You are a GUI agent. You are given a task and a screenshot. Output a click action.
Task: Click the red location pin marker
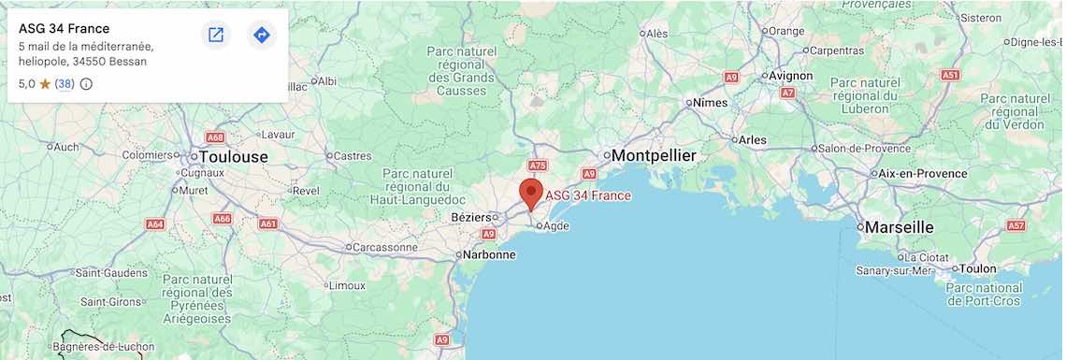point(531,194)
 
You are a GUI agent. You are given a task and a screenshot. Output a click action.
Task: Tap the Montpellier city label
point(654,155)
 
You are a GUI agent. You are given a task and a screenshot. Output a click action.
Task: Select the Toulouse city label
point(232,157)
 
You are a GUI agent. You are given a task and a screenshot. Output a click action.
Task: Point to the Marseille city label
point(899,227)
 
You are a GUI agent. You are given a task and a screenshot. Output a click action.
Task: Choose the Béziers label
point(470,217)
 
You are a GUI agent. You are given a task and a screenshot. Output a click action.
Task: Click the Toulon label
point(977,268)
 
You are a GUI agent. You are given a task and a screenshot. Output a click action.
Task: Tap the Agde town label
point(555,225)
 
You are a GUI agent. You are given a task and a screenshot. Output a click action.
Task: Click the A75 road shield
point(537,166)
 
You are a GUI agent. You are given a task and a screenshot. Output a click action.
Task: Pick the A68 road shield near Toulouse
point(215,137)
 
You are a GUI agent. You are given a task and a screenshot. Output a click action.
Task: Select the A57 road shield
point(1016,226)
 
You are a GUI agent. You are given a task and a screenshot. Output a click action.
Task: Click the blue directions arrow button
point(262,36)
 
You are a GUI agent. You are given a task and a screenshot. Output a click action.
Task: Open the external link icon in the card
point(216,36)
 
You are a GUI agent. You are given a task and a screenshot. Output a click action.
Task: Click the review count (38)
point(65,84)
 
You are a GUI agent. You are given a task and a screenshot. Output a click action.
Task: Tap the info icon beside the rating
point(87,84)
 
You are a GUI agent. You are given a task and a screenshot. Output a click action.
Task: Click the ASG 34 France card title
point(64,29)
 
